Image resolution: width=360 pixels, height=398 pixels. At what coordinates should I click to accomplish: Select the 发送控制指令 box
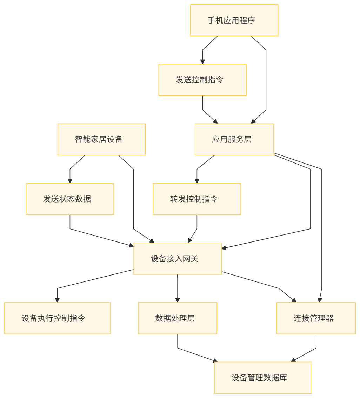coord(202,80)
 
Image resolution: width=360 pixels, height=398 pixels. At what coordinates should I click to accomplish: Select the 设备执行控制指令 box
coord(57,318)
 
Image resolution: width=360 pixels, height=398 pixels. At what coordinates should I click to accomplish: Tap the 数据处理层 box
coord(177,318)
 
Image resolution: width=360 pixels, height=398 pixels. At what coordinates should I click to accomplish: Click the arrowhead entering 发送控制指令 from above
coord(202,61)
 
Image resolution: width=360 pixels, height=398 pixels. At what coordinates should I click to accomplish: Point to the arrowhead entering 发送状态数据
coord(70,181)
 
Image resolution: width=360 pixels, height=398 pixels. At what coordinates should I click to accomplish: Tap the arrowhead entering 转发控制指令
coord(197,181)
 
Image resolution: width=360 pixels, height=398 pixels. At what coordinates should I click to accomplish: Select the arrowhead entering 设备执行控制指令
coord(57,300)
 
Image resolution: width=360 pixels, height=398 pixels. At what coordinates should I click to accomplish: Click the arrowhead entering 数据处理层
coord(177,300)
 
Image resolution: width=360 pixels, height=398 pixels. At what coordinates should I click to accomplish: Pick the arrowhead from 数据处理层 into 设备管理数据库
coord(215,360)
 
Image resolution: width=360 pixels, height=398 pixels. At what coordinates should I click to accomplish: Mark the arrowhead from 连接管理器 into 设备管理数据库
coord(293,360)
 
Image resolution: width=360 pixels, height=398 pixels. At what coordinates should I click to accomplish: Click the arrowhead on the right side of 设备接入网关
coord(224,248)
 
